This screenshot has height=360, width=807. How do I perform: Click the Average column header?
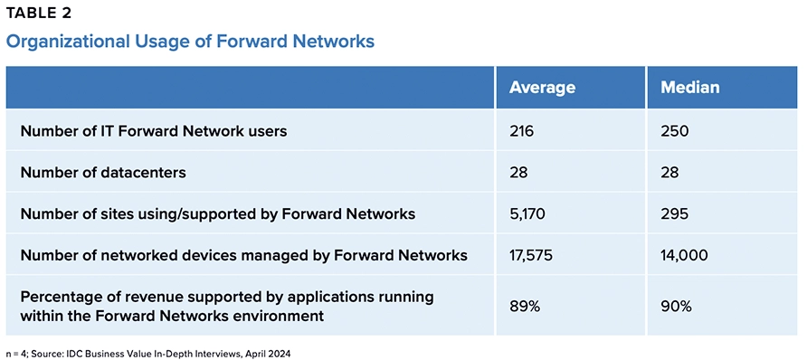542,88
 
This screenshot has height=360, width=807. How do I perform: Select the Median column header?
689,88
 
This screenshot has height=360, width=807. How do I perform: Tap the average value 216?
522,131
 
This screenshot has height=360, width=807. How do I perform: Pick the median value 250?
674,131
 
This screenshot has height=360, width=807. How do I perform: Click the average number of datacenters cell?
518,172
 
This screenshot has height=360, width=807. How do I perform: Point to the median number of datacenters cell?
669,172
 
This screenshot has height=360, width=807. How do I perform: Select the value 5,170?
527,213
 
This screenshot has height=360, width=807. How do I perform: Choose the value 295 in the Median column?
674,213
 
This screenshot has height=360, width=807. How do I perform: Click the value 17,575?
531,255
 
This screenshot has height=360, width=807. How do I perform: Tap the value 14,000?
685,255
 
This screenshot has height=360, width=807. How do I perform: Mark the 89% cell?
525,307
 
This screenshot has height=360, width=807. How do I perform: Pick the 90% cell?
676,307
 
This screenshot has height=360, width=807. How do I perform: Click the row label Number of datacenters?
103,172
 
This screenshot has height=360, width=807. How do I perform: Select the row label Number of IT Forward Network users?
154,131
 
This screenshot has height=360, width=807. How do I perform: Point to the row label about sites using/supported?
218,214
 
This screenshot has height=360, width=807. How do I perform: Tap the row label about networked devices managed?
244,255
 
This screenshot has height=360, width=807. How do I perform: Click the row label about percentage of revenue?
227,307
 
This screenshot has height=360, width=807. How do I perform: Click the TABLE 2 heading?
39,14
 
